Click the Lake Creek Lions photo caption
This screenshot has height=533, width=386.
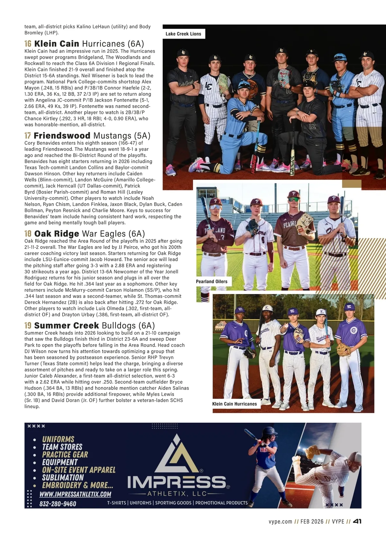183,34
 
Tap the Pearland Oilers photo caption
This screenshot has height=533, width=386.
212,281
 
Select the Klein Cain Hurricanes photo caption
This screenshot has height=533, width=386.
234,404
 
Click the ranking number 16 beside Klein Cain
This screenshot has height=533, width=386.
28,44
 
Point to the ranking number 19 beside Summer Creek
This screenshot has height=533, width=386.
28,326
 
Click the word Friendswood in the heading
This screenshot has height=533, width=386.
62,136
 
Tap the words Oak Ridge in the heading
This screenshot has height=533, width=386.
57,234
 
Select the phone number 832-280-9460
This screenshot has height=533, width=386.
58,504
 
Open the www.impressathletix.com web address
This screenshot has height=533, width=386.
75,494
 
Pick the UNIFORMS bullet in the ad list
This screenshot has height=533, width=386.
58,439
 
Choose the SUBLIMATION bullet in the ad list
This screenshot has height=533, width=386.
63,478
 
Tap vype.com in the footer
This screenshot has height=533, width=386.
280,521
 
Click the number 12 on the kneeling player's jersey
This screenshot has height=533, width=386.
312,126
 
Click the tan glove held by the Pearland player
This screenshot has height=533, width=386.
304,222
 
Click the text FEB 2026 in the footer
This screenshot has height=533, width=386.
312,521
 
